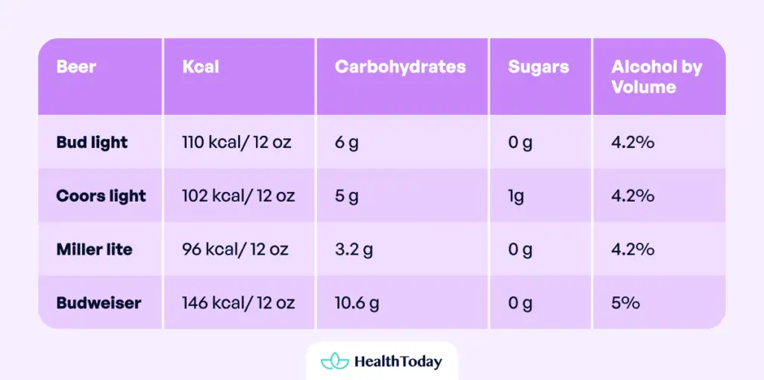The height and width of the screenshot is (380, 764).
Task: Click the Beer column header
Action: click(76, 67)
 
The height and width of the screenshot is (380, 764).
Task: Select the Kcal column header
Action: click(201, 67)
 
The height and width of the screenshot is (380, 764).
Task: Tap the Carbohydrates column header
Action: click(400, 67)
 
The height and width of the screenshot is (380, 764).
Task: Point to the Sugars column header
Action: click(538, 67)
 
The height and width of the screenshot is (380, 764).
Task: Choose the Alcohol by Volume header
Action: click(657, 77)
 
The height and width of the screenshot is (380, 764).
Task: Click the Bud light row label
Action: click(92, 142)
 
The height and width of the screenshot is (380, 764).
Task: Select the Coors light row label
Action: click(101, 196)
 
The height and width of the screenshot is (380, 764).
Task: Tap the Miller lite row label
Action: click(94, 249)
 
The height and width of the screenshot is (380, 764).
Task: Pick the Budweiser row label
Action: click(98, 303)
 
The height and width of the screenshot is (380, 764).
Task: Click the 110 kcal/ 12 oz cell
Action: click(238, 142)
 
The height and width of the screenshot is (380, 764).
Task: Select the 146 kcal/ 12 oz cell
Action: click(238, 303)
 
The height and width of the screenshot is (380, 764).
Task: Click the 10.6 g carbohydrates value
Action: click(357, 303)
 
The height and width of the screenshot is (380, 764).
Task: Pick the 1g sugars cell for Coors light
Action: click(516, 196)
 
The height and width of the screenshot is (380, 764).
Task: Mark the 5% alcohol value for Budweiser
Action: click(625, 303)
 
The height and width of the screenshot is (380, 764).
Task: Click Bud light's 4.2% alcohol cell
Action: click(633, 142)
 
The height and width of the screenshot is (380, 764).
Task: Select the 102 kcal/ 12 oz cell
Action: click(238, 196)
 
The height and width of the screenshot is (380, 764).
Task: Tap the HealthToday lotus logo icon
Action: click(334, 361)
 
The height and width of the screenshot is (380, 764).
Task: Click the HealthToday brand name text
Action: click(398, 362)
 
